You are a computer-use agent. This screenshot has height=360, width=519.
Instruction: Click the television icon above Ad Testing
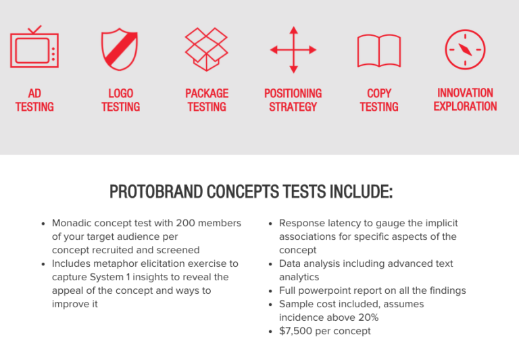34,49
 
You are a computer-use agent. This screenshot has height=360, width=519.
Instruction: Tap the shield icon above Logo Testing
120,49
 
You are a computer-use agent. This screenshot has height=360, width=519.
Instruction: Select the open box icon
206,49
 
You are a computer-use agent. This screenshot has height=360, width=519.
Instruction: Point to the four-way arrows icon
293,49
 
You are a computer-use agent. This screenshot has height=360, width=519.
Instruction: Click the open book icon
378,51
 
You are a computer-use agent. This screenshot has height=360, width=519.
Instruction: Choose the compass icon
465,49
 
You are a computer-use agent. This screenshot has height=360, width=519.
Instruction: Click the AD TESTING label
34,100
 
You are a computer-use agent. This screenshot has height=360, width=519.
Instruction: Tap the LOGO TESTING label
120,100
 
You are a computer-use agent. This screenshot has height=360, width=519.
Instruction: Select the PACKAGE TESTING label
207,100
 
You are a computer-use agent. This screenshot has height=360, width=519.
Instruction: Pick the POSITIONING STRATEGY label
293,100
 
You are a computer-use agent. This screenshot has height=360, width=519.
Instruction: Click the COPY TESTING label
379,100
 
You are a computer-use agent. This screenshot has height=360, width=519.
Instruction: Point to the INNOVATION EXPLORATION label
465,99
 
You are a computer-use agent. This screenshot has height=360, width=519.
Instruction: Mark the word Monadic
74,223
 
